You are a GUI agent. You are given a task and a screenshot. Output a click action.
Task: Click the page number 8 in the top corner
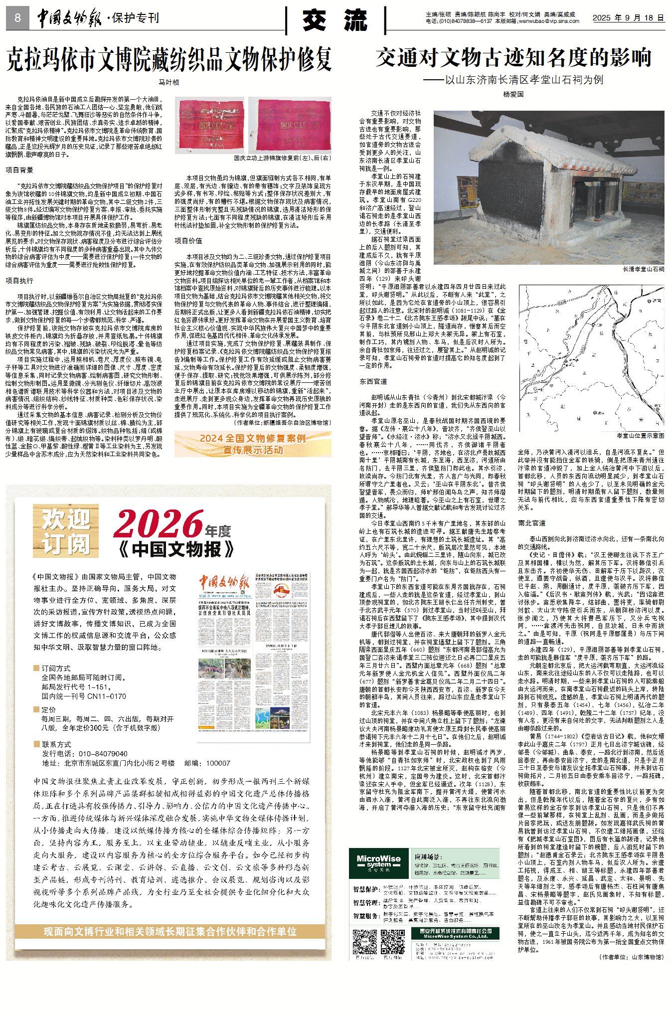(x=17, y=18)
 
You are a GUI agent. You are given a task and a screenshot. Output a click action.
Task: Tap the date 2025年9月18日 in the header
(x=628, y=17)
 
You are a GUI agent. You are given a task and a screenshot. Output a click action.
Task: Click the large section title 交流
(x=335, y=20)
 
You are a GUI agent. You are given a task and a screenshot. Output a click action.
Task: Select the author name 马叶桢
(x=168, y=82)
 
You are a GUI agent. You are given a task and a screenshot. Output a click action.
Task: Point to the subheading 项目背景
(x=19, y=170)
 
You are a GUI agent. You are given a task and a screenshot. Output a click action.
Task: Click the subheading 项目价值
(x=188, y=241)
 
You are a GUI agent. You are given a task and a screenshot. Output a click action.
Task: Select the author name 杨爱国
(x=513, y=94)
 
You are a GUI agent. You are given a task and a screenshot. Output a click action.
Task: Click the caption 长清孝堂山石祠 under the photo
(x=643, y=269)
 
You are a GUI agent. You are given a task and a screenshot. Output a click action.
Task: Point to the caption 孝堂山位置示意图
(x=640, y=435)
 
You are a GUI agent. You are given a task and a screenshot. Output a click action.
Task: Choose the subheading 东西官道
(x=373, y=381)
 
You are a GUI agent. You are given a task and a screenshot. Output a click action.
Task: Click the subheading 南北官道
(x=532, y=523)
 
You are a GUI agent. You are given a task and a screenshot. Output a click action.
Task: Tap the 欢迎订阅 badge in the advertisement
(x=66, y=530)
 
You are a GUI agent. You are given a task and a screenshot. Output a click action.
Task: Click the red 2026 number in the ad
(x=158, y=524)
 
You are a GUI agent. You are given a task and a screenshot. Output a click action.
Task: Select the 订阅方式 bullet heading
(x=55, y=668)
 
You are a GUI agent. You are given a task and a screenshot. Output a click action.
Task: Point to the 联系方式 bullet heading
(x=55, y=744)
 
